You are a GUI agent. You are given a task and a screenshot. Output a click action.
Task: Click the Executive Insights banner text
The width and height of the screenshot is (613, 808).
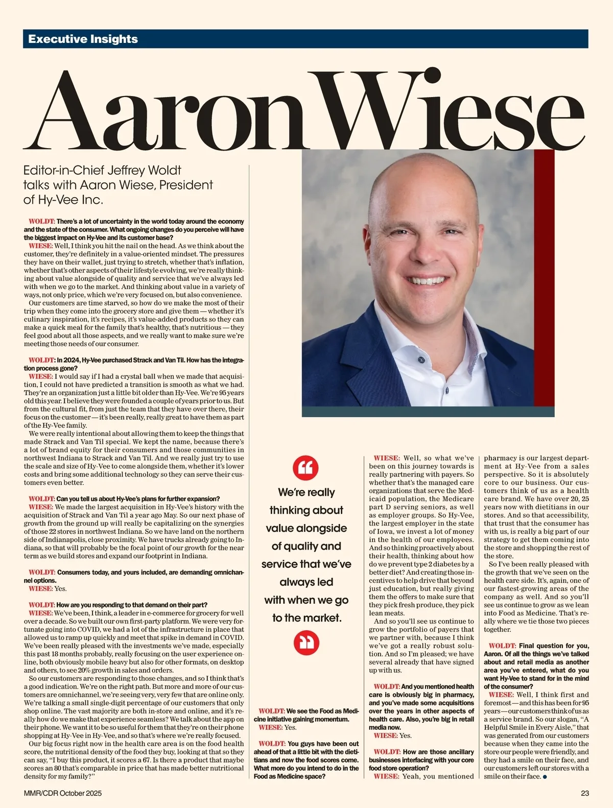(x=83, y=39)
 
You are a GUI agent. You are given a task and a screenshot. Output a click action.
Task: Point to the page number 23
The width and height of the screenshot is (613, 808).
(x=585, y=793)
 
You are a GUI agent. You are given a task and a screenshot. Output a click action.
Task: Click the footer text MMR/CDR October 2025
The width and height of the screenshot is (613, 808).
(x=63, y=793)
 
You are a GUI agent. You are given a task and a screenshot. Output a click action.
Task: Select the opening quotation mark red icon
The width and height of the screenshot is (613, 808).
(x=306, y=467)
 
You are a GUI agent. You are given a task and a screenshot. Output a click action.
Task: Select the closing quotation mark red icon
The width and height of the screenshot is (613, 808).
(x=306, y=643)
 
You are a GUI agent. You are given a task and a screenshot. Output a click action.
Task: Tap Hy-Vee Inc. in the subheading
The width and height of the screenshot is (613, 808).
(x=63, y=200)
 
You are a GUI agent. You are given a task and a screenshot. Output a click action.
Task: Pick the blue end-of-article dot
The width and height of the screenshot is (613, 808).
(x=546, y=777)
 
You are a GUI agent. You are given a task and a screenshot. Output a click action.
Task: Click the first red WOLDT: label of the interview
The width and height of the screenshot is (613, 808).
(x=42, y=222)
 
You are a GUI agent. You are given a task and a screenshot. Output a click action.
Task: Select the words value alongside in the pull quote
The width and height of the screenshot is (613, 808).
(x=306, y=528)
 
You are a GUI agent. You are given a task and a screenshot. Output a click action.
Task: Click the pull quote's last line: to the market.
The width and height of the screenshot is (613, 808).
(x=306, y=618)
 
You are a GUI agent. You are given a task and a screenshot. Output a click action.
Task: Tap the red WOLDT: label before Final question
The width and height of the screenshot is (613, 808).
(x=502, y=646)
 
